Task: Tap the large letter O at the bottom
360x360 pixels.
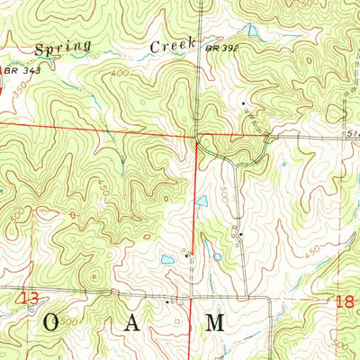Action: pyautogui.click(x=52, y=323)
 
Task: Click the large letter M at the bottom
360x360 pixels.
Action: pyautogui.click(x=215, y=323)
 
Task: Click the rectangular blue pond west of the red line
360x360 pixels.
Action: pyautogui.click(x=167, y=260)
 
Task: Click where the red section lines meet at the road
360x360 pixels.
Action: pyautogui.click(x=196, y=138)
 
